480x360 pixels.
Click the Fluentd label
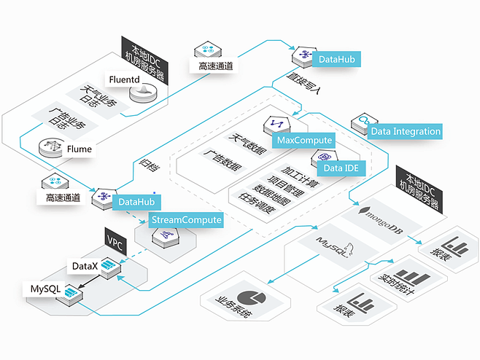(x=124, y=79)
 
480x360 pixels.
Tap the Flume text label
(x=79, y=149)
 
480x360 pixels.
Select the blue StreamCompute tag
(x=186, y=220)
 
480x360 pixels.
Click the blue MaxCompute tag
(x=304, y=140)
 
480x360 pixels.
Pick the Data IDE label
(x=341, y=168)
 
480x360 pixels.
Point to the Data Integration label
(x=405, y=131)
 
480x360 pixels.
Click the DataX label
(x=85, y=266)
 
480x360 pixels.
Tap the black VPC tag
(x=115, y=241)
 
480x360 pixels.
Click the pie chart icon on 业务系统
(x=252, y=299)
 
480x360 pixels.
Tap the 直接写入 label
(x=303, y=83)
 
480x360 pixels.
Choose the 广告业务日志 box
(x=65, y=120)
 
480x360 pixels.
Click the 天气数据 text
(x=247, y=143)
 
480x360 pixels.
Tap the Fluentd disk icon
(x=143, y=93)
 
